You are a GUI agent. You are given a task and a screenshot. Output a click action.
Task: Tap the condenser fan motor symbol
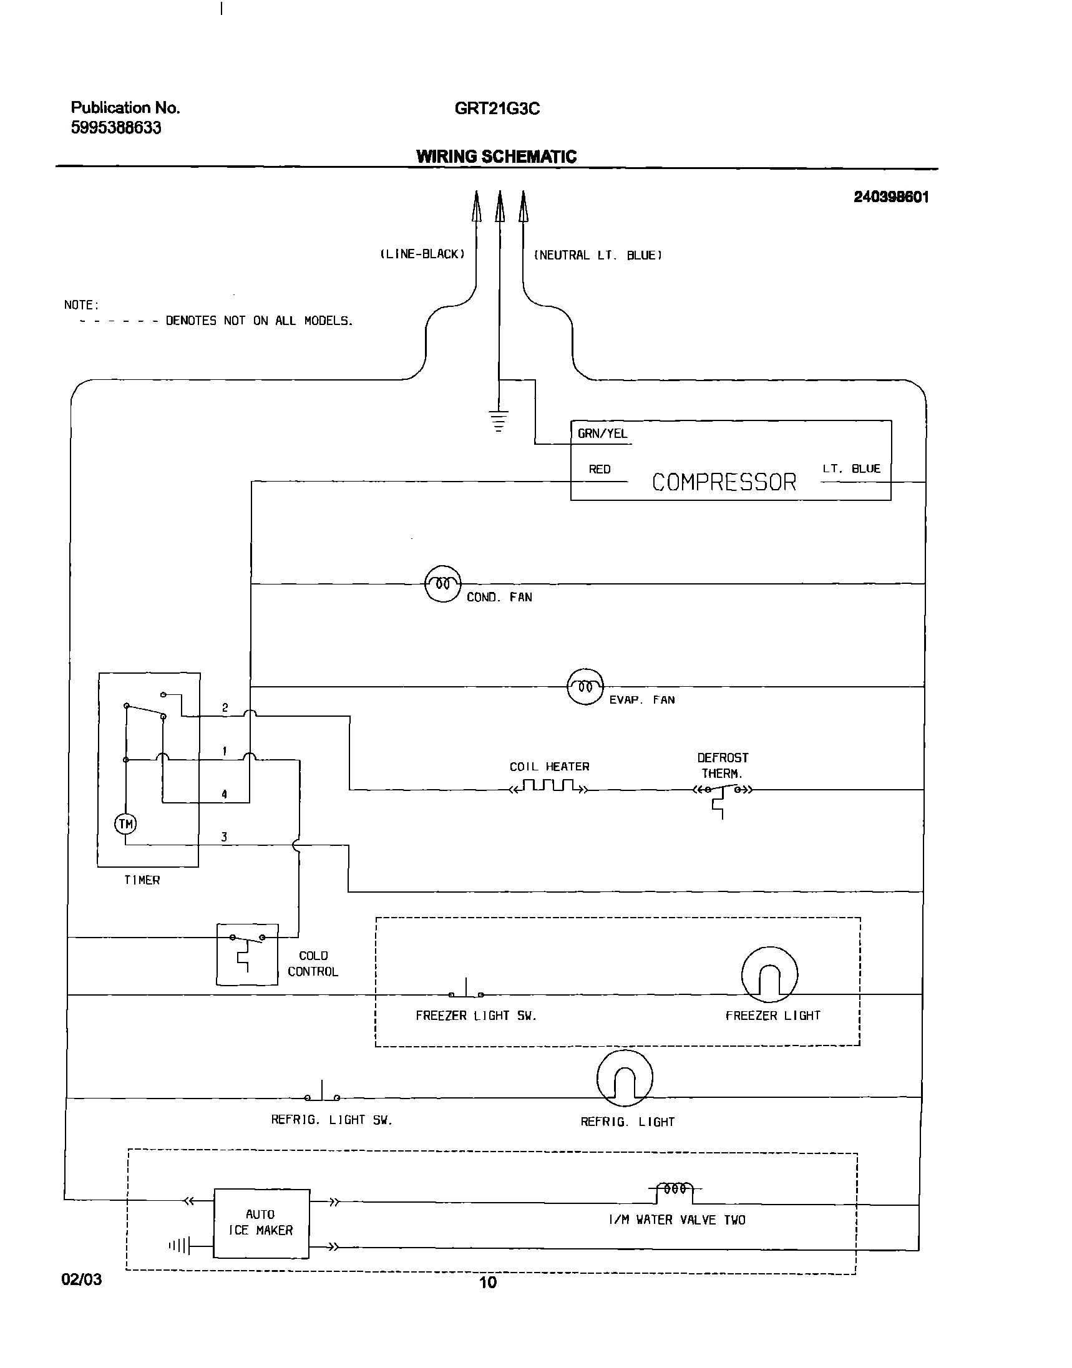coord(443,584)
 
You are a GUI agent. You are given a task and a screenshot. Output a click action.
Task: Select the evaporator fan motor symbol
coord(585,687)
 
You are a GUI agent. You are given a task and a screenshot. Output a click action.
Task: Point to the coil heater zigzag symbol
coord(550,785)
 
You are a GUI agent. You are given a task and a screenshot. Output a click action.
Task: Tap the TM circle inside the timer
coord(125,824)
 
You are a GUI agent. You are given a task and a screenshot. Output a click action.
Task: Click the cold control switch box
coord(247,954)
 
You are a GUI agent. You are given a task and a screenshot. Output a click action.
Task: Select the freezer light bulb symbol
coord(769,974)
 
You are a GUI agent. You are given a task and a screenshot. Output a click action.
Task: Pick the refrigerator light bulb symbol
coord(625,1078)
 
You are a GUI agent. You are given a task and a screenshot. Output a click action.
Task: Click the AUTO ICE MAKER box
coord(261,1223)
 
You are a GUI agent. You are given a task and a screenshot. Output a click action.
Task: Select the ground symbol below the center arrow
coord(499,420)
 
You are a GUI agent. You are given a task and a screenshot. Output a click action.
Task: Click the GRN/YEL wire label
coord(602,434)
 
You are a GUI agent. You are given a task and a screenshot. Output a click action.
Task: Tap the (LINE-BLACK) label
coord(422,254)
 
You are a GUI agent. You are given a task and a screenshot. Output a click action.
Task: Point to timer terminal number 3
coord(224,837)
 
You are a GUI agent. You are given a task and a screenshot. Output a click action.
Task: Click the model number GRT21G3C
coord(497,109)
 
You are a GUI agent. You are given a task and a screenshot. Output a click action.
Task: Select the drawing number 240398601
coord(890,197)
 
